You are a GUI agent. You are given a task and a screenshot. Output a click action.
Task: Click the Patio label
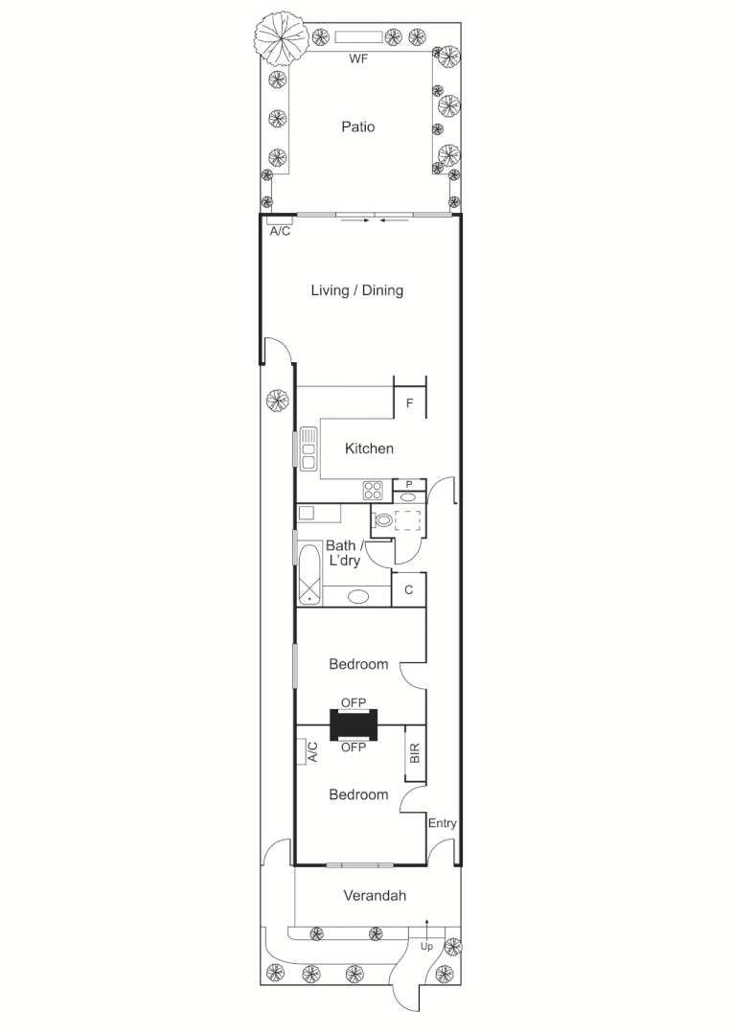[357, 126]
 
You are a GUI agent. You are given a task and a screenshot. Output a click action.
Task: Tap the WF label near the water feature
[357, 58]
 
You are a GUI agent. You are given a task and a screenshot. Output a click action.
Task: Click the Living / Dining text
[356, 290]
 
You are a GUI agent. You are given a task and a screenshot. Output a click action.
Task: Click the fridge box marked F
[409, 403]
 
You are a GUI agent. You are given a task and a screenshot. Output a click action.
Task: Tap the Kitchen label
[369, 448]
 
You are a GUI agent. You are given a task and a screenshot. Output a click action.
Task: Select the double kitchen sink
[309, 449]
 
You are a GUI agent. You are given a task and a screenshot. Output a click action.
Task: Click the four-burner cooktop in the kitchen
[373, 491]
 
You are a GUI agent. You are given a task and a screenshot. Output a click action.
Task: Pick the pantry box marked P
[409, 485]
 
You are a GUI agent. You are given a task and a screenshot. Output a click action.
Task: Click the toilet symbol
[382, 521]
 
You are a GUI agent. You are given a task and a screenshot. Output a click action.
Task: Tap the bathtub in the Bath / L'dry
[309, 575]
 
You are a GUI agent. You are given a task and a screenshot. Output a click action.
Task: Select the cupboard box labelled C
[408, 590]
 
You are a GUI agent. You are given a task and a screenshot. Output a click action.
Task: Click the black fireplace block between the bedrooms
[354, 724]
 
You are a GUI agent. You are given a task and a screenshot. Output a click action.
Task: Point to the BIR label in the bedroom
[415, 753]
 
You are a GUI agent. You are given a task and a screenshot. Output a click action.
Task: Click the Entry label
[442, 823]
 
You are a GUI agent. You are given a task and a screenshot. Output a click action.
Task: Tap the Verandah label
[375, 896]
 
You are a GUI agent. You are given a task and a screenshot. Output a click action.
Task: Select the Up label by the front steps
[427, 946]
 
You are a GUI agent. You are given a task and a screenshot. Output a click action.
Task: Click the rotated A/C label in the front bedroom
[312, 752]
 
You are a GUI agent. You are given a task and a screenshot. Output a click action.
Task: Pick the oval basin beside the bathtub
[357, 596]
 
